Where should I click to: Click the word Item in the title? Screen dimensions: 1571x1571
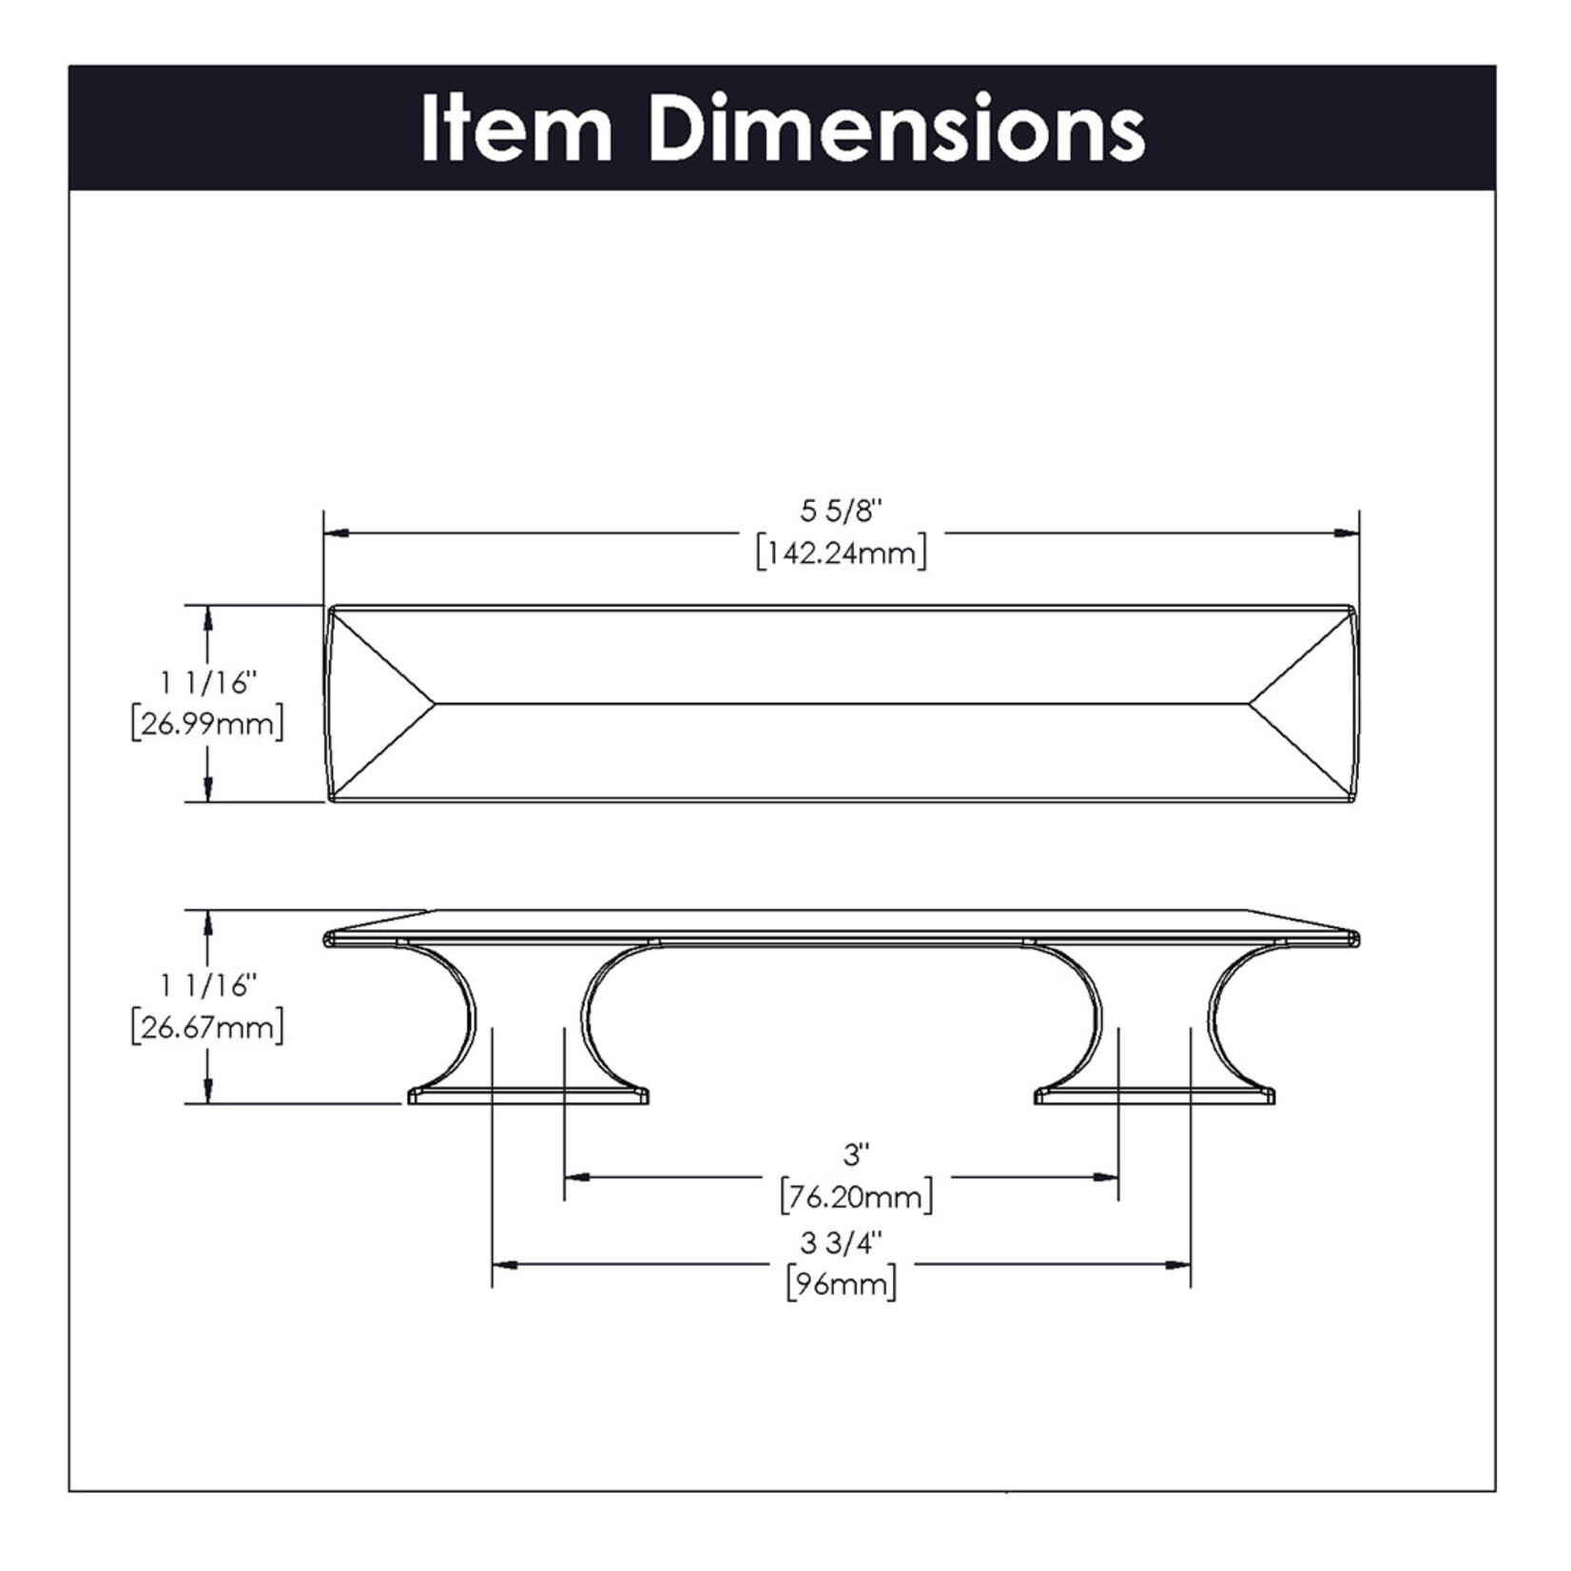[x=515, y=128]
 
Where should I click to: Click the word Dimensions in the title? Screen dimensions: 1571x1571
[x=898, y=128]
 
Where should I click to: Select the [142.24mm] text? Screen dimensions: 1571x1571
[x=841, y=552]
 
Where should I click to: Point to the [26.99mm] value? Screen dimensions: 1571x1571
[x=207, y=725]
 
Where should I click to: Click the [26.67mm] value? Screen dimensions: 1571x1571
[x=207, y=1028]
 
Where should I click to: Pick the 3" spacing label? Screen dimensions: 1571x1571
[x=856, y=1155]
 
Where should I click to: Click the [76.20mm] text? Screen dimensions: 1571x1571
[x=856, y=1196]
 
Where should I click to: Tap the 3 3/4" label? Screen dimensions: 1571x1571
[x=841, y=1243]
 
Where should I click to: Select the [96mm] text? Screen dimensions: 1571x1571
[x=841, y=1285]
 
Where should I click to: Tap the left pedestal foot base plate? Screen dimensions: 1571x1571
[x=529, y=1096]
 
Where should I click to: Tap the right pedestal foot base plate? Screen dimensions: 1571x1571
[x=1154, y=1096]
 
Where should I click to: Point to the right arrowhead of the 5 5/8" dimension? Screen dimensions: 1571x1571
[x=1347, y=533]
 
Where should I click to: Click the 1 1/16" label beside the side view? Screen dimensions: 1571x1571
[x=207, y=985]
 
